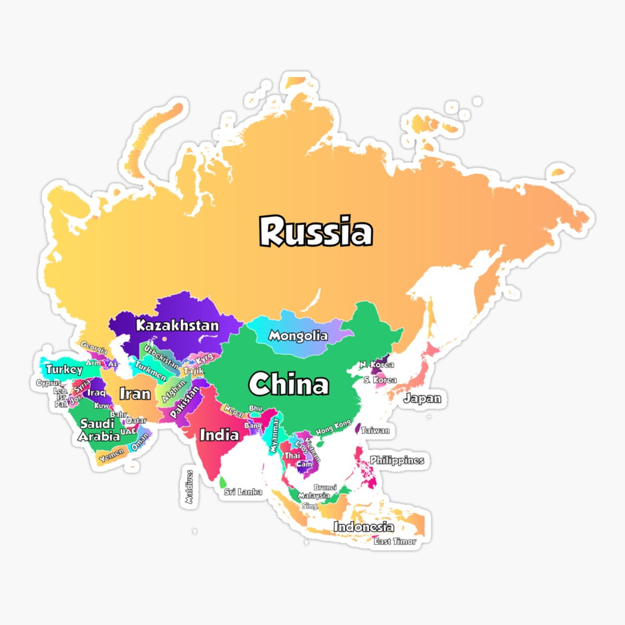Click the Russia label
pyautogui.click(x=316, y=232)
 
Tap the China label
pyautogui.click(x=289, y=385)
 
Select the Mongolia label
pyautogui.click(x=298, y=336)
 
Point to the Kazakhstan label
pyautogui.click(x=177, y=326)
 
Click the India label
pyautogui.click(x=219, y=434)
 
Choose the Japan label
pyautogui.click(x=422, y=399)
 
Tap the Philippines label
pyautogui.click(x=397, y=460)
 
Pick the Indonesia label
pyautogui.click(x=363, y=527)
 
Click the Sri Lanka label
pyautogui.click(x=243, y=492)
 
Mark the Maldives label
pyautogui.click(x=190, y=487)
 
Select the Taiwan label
pyautogui.click(x=375, y=431)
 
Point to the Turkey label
pyautogui.click(x=64, y=370)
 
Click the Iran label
pyautogui.click(x=135, y=394)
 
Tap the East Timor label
pyautogui.click(x=395, y=542)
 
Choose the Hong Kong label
pyautogui.click(x=333, y=428)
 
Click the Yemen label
pyautogui.click(x=111, y=455)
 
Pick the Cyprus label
pyautogui.click(x=48, y=383)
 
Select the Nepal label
pyautogui.click(x=234, y=412)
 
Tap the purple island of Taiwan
pyautogui.click(x=358, y=429)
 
